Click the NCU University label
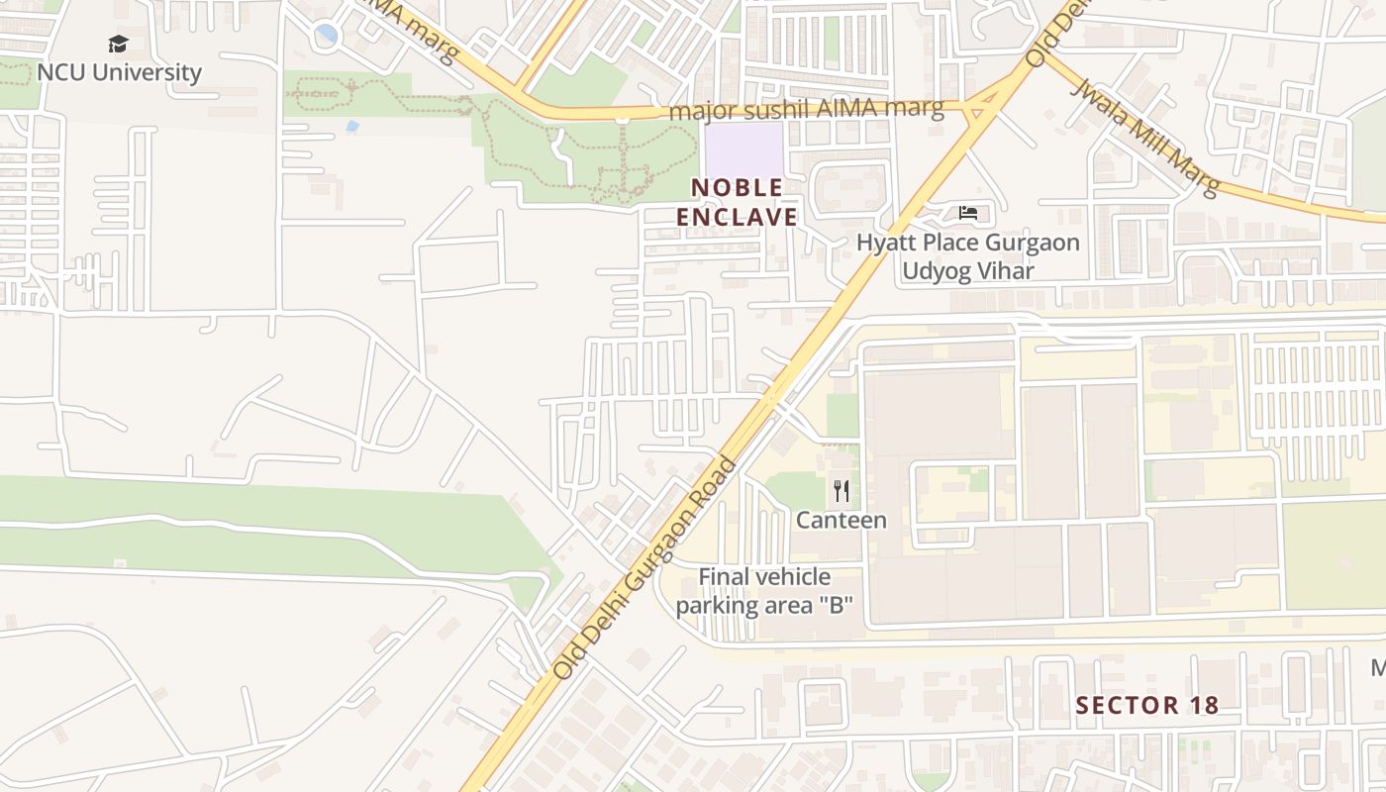[119, 72]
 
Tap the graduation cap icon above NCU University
[119, 44]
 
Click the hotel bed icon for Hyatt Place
[968, 213]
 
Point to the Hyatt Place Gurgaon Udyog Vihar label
[967, 256]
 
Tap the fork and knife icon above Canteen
[841, 490]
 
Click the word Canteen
[841, 520]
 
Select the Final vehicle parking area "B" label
[764, 591]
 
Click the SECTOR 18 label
[1146, 705]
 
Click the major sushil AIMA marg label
[806, 110]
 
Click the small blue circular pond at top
[326, 36]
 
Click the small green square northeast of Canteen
[842, 415]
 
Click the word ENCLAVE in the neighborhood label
[737, 217]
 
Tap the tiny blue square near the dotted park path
[352, 127]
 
